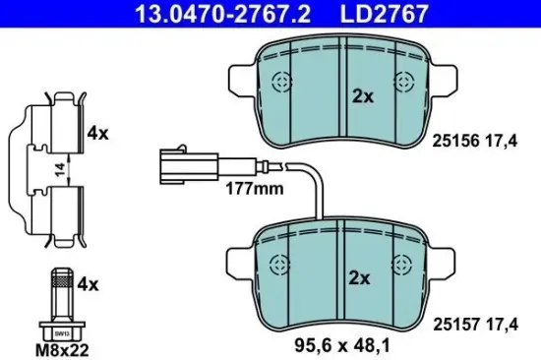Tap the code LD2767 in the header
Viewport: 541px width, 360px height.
coord(398,14)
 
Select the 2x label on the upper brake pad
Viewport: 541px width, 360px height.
coord(361,96)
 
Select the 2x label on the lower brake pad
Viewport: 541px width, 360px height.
coord(361,278)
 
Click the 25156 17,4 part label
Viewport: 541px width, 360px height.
coord(473,141)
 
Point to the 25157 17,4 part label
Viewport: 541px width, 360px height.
coord(473,322)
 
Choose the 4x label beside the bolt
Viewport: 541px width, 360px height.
coord(90,285)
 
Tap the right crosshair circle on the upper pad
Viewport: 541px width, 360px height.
coord(402,83)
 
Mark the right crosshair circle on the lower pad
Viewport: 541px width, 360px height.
coord(402,263)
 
